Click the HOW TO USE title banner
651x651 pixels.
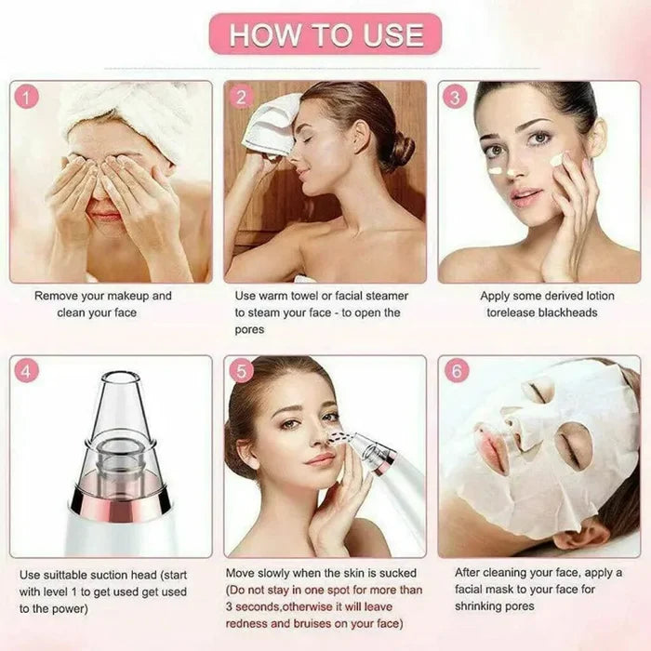click(325, 34)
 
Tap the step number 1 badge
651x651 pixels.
click(27, 98)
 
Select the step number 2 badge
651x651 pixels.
click(241, 98)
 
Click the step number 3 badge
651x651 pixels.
click(455, 98)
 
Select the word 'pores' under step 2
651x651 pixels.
click(249, 329)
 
